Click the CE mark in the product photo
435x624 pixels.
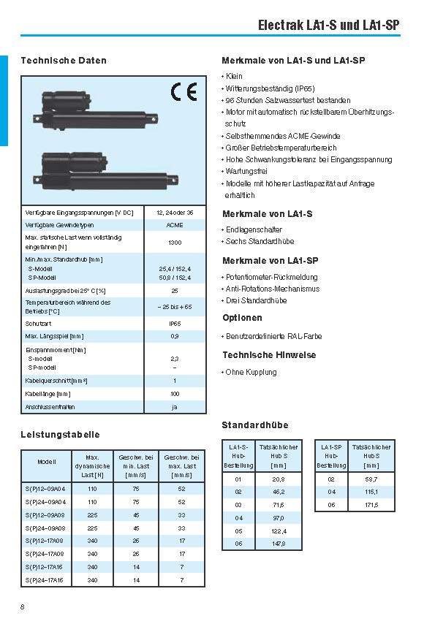click(184, 92)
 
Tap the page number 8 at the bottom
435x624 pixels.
click(23, 607)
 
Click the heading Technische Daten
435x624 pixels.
click(64, 61)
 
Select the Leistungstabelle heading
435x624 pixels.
click(60, 435)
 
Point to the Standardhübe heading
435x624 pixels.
click(254, 425)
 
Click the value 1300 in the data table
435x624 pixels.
click(175, 243)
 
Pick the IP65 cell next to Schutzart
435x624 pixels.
click(175, 322)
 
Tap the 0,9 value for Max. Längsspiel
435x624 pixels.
click(175, 336)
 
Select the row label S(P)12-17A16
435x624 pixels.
click(45, 567)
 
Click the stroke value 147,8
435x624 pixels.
click(279, 544)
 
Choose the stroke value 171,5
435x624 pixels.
click(371, 505)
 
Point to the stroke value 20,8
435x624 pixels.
click(279, 479)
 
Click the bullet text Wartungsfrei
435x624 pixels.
click(246, 172)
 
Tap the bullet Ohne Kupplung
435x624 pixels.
click(251, 372)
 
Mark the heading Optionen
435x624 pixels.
click(242, 318)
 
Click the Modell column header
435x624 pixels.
click(46, 462)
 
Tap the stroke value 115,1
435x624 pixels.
click(371, 492)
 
